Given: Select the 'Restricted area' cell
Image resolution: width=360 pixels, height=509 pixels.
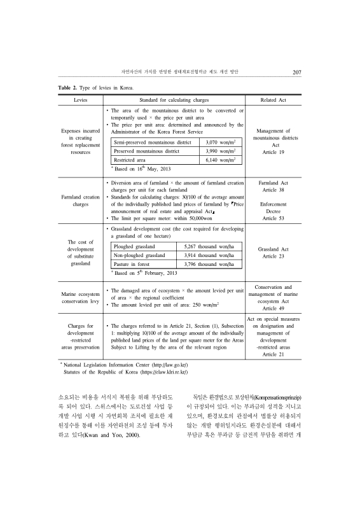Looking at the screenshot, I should [x=132, y=162].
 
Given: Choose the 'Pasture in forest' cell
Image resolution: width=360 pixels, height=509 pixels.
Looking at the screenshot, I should [x=132, y=263].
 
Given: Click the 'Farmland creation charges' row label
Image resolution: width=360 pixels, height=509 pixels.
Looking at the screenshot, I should [x=80, y=201].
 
